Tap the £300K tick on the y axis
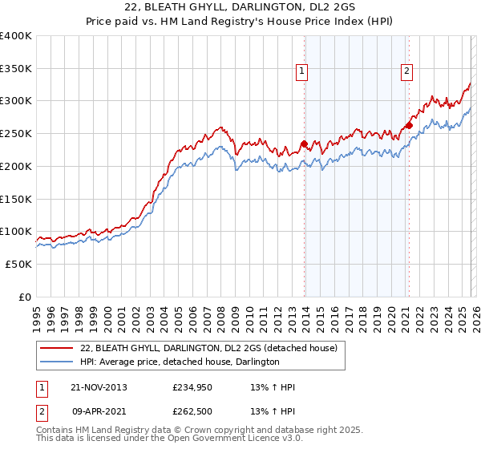(16, 101)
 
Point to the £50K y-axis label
(18, 264)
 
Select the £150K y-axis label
(16, 199)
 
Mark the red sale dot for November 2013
(304, 144)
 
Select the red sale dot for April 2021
(409, 125)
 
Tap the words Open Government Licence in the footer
(217, 439)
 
